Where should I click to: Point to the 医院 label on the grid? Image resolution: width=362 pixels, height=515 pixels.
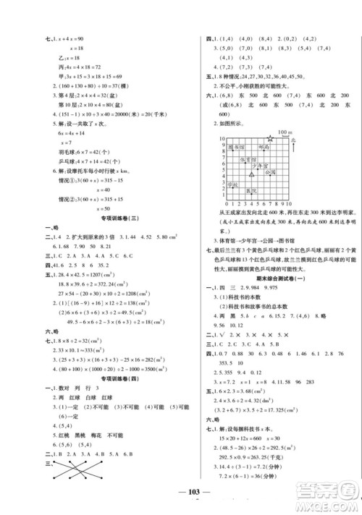[x=253, y=190]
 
